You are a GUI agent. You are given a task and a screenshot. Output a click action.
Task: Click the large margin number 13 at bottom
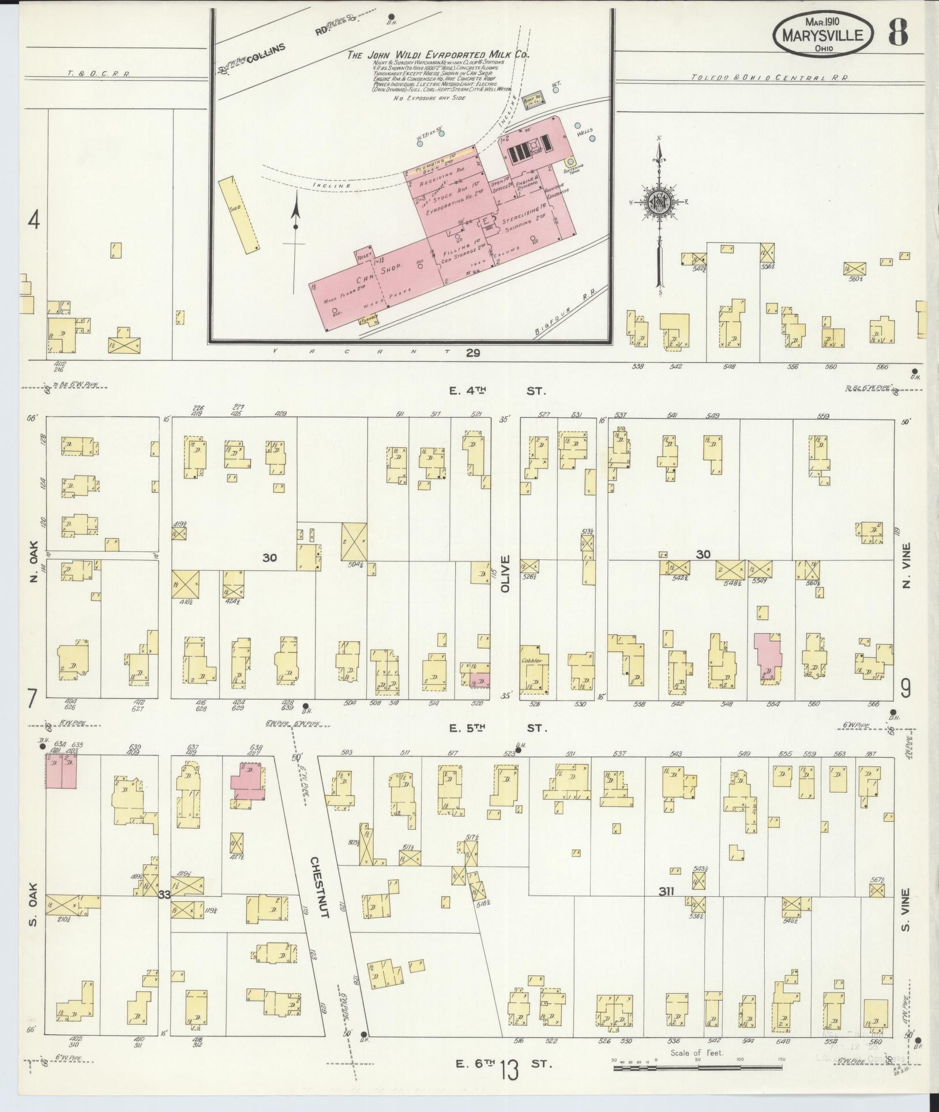(x=510, y=1072)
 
